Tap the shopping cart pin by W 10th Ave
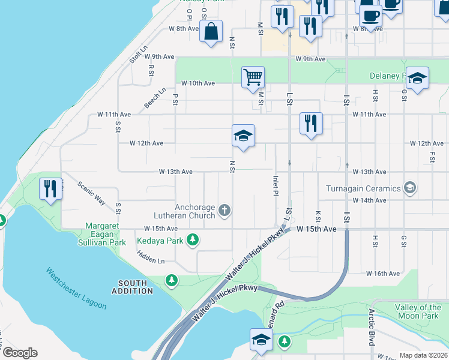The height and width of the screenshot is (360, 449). (253, 77)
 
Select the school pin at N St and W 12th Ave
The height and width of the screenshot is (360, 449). (244, 136)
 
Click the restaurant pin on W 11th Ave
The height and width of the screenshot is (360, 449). (311, 124)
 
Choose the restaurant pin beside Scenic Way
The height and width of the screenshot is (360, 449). (51, 189)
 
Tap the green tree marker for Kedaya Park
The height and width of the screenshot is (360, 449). (193, 241)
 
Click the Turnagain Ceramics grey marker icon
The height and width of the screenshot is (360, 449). (410, 188)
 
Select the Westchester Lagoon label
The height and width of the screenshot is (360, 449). (76, 288)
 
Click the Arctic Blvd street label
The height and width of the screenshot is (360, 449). (372, 327)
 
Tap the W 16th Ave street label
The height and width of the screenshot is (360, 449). (383, 274)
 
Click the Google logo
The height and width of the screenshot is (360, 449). (20, 353)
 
